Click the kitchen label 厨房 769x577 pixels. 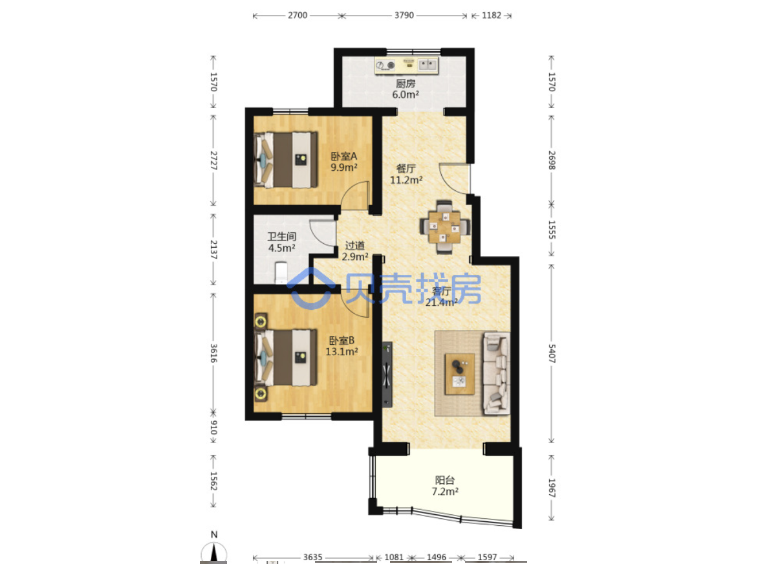pos(406,83)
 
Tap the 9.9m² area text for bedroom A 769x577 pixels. pos(344,168)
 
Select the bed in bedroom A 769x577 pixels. pos(285,160)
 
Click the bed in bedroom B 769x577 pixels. pos(285,356)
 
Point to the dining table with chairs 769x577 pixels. pos(445,226)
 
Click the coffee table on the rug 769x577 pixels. pos(460,373)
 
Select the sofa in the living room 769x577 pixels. pos(496,373)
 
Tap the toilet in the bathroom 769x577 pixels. pos(281,273)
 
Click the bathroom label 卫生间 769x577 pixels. pos(281,237)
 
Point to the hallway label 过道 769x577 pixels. pos(354,245)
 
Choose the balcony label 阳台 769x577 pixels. pos(445,480)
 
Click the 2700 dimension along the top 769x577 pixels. pos(298,16)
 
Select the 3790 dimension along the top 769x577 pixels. pos(404,16)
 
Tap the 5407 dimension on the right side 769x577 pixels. pos(552,354)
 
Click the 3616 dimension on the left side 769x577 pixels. pos(214,353)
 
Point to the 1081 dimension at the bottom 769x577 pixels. pos(394,557)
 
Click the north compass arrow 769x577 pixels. pos(214,552)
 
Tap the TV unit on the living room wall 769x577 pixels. pos(387,375)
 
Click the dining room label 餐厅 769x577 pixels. pos(406,169)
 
